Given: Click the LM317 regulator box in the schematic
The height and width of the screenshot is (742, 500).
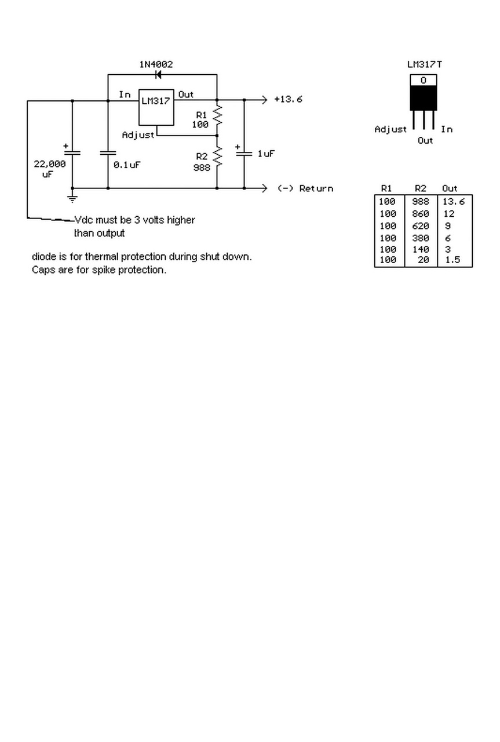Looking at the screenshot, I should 156,107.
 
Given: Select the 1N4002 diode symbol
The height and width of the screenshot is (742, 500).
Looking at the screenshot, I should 158,75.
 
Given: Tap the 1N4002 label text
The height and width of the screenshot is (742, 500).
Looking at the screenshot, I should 155,64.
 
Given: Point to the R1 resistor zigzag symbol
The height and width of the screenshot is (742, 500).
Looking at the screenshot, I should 217,116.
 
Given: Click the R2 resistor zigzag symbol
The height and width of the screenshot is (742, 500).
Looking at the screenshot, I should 217,157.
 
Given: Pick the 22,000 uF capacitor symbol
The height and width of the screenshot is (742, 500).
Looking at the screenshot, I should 72,152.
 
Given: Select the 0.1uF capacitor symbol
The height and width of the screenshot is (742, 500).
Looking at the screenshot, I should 108,153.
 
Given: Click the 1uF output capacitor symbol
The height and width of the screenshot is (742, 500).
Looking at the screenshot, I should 244,154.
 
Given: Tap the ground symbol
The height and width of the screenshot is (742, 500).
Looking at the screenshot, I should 72,198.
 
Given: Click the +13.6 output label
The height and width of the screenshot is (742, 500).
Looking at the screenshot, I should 288,99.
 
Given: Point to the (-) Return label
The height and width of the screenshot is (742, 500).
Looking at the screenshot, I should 305,188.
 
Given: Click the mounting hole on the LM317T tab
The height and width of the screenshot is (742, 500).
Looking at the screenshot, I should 424,81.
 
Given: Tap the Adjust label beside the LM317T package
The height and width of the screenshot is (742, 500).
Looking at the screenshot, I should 390,129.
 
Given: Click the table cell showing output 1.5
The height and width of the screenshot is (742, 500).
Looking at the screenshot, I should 452,260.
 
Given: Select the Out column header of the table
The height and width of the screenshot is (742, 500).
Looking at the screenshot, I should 450,188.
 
